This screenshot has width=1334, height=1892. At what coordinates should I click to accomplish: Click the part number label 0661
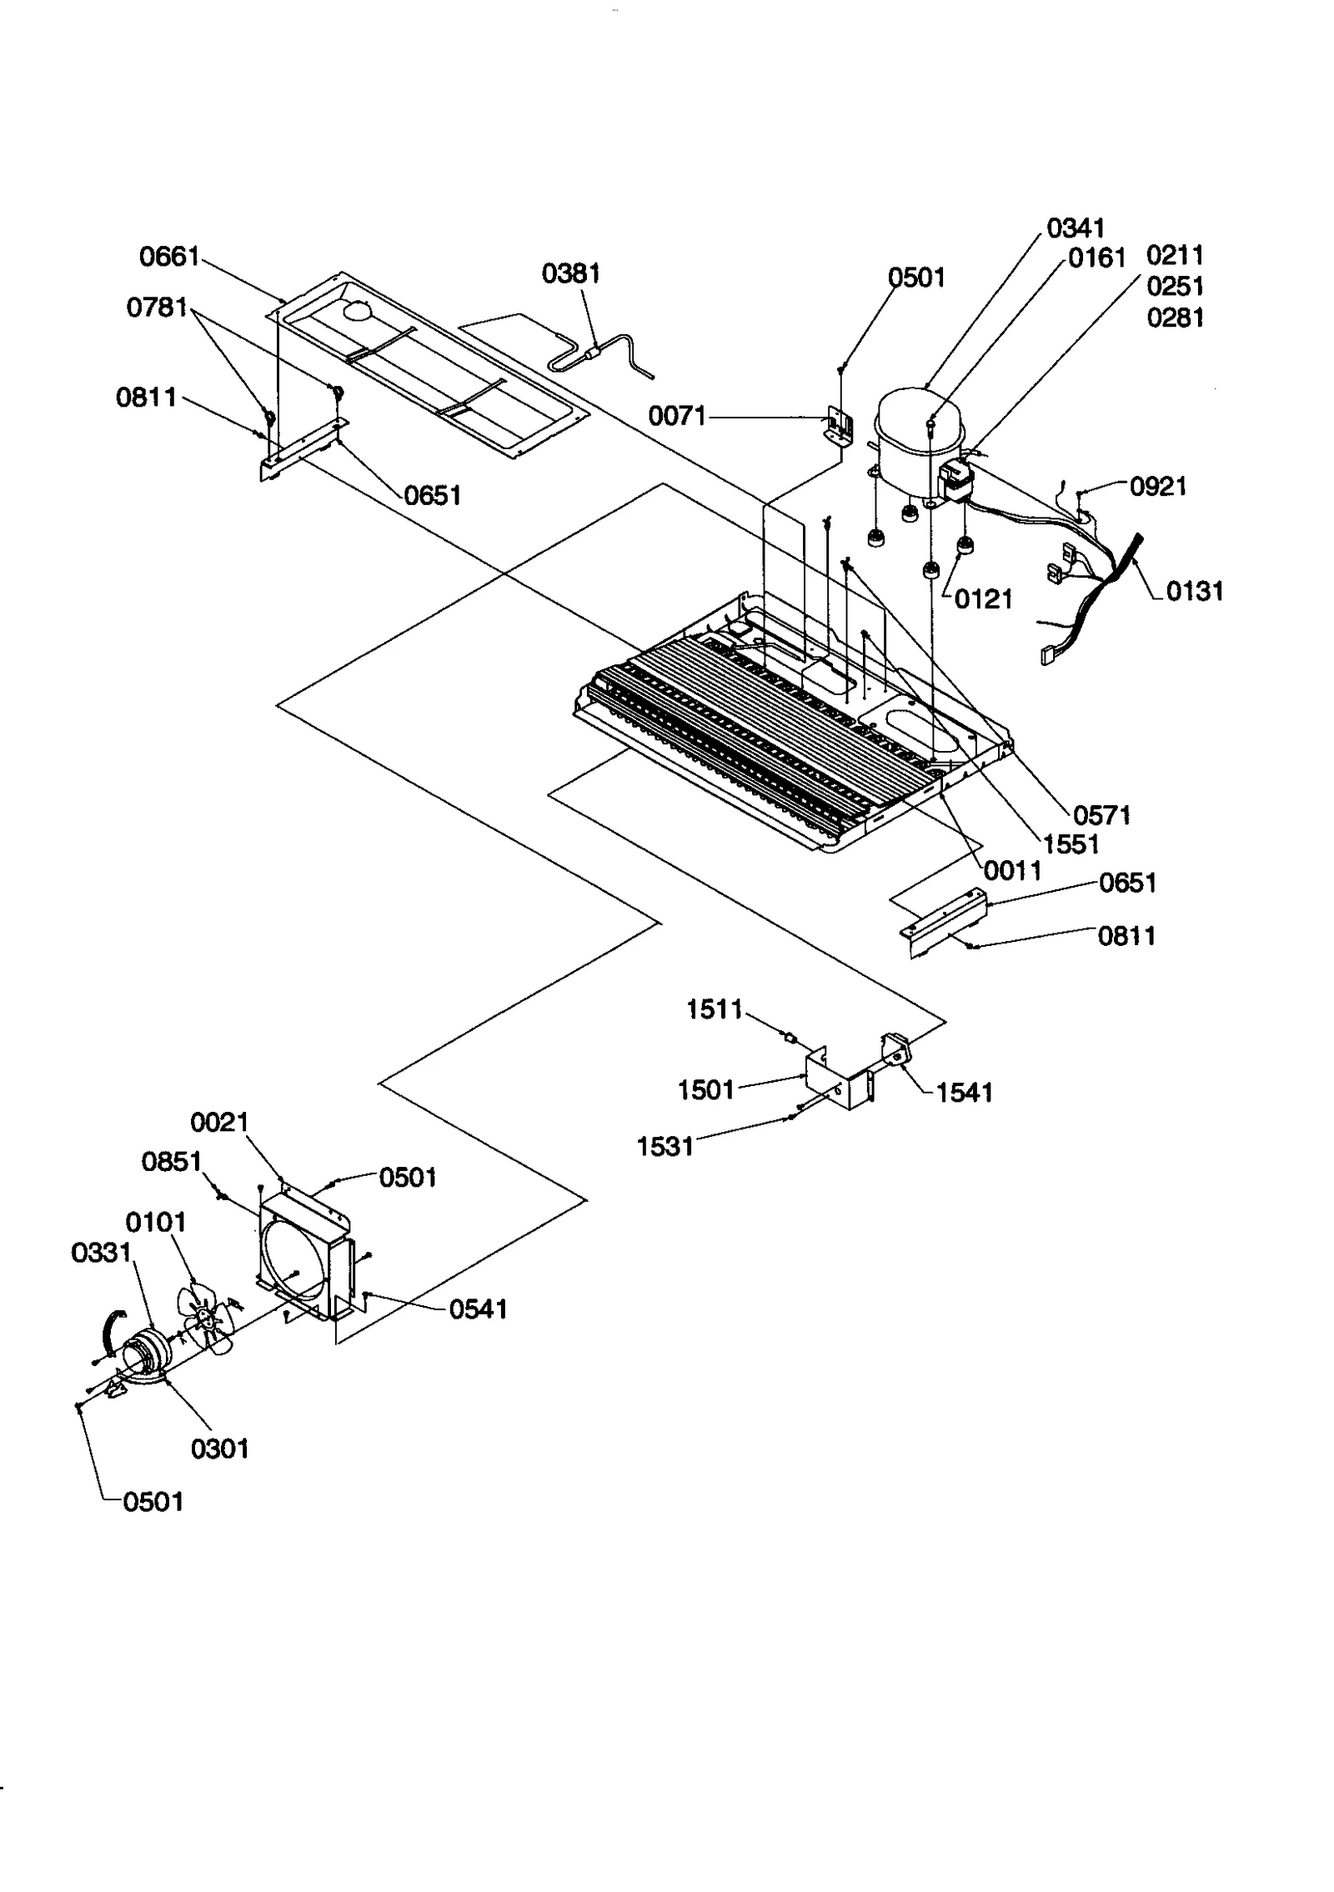(169, 257)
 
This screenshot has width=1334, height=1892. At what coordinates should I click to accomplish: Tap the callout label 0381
(570, 273)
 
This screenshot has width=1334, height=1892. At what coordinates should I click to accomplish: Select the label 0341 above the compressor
(1076, 228)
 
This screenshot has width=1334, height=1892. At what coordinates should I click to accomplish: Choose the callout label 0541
(478, 1309)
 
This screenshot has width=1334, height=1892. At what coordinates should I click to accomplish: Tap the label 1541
(965, 1093)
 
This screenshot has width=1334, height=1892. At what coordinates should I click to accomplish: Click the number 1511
(714, 1009)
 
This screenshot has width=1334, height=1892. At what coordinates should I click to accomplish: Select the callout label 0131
(1194, 592)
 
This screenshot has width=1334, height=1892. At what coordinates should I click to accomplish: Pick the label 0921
(1158, 487)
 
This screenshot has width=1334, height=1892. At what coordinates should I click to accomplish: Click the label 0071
(676, 416)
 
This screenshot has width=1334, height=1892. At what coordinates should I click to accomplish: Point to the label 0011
(1012, 871)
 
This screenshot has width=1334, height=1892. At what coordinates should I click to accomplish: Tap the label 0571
(1101, 815)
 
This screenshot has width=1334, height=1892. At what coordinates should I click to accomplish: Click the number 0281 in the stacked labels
(1175, 318)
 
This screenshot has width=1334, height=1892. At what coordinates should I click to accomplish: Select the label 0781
(157, 308)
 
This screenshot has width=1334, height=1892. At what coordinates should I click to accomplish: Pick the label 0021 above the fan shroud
(219, 1123)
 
